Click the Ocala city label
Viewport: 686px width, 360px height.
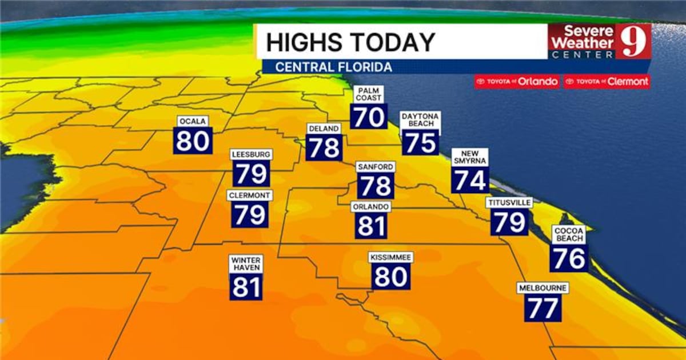(x=193, y=121)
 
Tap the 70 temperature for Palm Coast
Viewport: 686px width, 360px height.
(x=369, y=117)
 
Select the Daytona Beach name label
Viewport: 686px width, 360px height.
(x=420, y=120)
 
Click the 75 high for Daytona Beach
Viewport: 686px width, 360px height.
(x=421, y=142)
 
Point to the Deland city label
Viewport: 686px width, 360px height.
(x=324, y=129)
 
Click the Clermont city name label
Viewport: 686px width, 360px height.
(x=249, y=195)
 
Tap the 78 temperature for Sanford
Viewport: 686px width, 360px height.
(x=376, y=186)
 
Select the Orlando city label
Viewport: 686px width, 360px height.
(x=371, y=206)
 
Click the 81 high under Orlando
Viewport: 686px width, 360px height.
(x=371, y=226)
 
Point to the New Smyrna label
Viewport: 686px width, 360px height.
(x=470, y=157)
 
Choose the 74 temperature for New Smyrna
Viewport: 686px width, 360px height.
(x=470, y=181)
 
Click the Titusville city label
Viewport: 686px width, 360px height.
(x=509, y=202)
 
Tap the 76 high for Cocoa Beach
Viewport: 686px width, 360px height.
(x=569, y=258)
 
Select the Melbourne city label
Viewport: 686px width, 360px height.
(x=543, y=288)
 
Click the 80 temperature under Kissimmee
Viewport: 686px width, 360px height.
(x=391, y=277)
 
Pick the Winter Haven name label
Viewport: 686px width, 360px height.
(x=246, y=263)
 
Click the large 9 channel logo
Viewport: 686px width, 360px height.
(x=633, y=41)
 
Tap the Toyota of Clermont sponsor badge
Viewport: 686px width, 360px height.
(x=607, y=82)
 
